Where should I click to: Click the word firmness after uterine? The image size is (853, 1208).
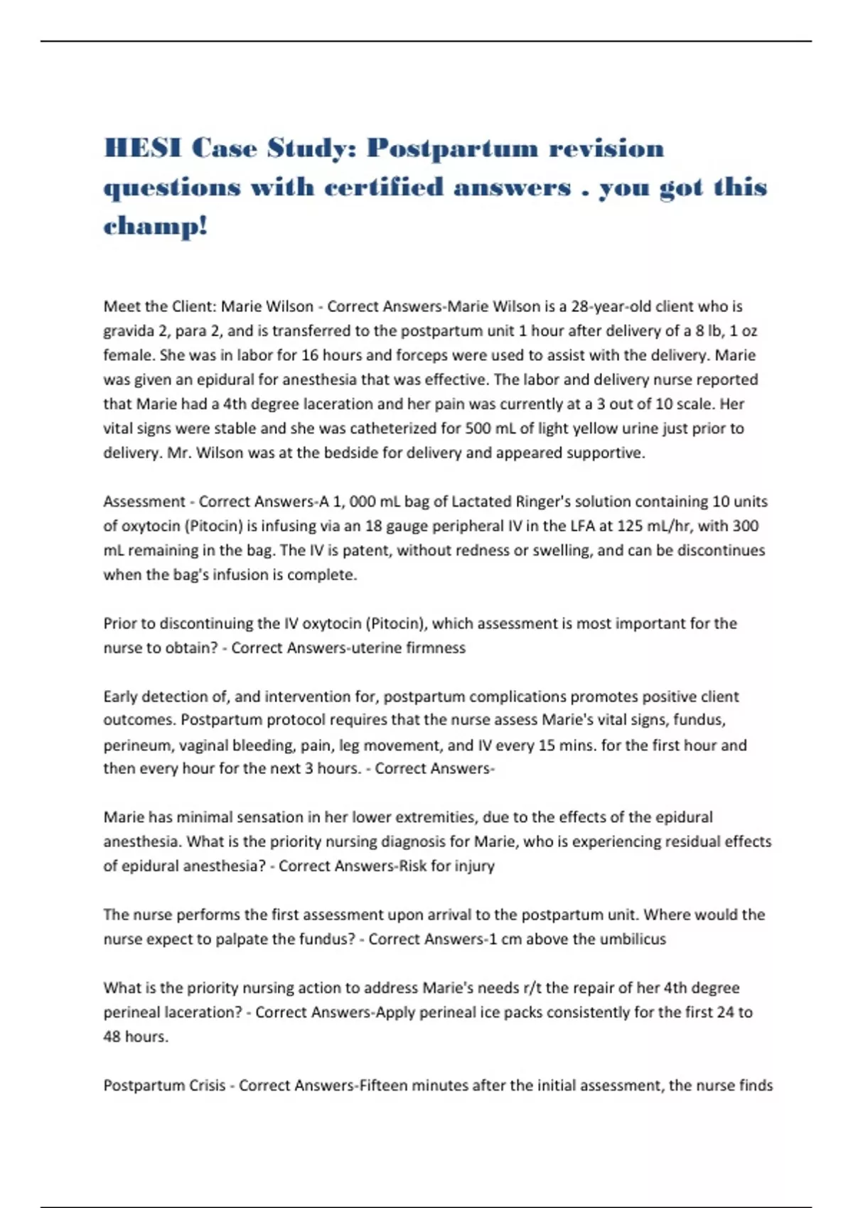[x=436, y=648]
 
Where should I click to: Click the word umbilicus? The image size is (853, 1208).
[x=633, y=939]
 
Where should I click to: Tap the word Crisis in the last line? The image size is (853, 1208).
[x=200, y=1086]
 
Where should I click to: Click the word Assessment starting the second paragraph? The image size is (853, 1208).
[x=144, y=502]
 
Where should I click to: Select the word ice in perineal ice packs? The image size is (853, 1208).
[x=490, y=1013]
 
